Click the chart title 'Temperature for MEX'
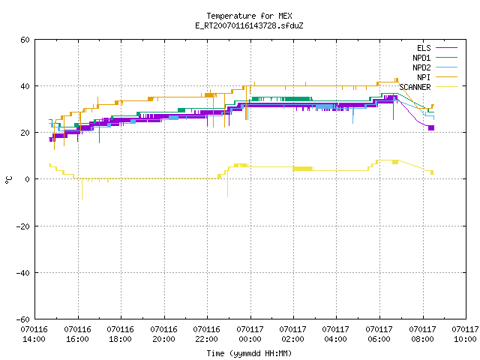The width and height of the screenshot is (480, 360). point(249,16)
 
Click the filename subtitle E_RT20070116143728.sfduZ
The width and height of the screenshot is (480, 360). point(249,25)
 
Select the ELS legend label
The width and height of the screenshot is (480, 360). point(424,48)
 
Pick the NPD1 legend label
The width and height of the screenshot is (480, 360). point(421,58)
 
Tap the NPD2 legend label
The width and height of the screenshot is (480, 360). point(421,67)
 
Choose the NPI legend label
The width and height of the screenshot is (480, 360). point(424,77)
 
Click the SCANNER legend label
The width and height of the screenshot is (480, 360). point(415,87)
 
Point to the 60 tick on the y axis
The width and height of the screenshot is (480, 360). point(25,40)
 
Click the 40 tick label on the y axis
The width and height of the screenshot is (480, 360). point(25,86)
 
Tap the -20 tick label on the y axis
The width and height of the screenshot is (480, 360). point(23,226)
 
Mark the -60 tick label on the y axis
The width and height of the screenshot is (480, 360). point(23,319)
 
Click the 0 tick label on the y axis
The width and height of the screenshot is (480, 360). point(27,179)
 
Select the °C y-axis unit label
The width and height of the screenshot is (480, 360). point(8,180)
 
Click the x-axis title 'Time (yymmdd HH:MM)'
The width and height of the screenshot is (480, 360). point(249,353)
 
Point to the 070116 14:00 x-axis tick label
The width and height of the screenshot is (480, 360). point(34,334)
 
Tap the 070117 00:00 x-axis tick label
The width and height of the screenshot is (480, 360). point(250,334)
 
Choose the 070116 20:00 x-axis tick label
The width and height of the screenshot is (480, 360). point(163,334)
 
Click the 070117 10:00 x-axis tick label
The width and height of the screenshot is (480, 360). point(465,334)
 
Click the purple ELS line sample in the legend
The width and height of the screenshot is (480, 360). point(446,48)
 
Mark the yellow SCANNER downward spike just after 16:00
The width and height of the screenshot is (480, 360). point(82,189)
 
